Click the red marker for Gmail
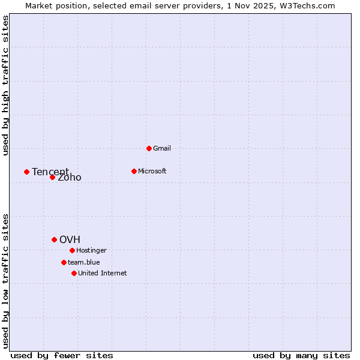pyautogui.click(x=149, y=148)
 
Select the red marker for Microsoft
pyautogui.click(x=134, y=171)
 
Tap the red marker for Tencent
pyautogui.click(x=26, y=172)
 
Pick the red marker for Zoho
pyautogui.click(x=52, y=177)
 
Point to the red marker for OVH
pyautogui.click(x=54, y=239)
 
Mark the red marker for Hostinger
pyautogui.click(x=72, y=250)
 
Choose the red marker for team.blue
pyautogui.click(x=64, y=262)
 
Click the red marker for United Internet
pyautogui.click(x=74, y=273)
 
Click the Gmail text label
pyautogui.click(x=162, y=148)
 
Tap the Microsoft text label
pyautogui.click(x=152, y=171)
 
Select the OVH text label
pyautogui.click(x=70, y=240)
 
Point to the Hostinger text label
pyautogui.click(x=91, y=250)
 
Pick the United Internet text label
pyautogui.click(x=103, y=273)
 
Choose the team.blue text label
pyautogui.click(x=84, y=262)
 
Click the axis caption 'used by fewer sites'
pyautogui.click(x=62, y=355)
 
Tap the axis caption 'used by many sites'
pyautogui.click(x=301, y=355)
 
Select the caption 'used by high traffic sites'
pyautogui.click(x=5, y=85)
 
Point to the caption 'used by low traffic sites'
pyautogui.click(x=5, y=280)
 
